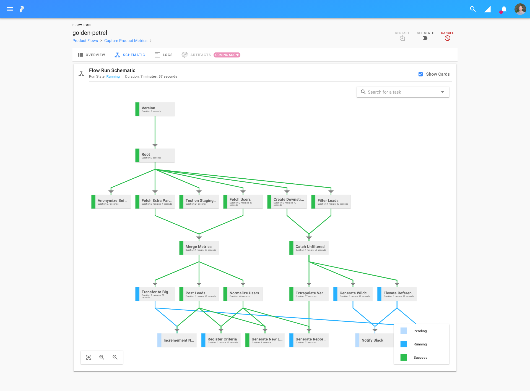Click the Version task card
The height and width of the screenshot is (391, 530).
pos(155,109)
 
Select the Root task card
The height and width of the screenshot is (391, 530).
pos(155,156)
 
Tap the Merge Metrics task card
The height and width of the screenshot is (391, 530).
pos(199,248)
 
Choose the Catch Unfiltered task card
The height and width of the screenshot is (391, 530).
pos(309,248)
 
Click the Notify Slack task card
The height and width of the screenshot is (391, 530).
pos(374,340)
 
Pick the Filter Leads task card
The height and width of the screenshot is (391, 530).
pos(331,202)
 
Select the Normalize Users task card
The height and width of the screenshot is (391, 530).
pos(243,294)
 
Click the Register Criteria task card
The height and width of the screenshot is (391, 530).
pos(221,340)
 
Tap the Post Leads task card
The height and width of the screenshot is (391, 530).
pos(199,294)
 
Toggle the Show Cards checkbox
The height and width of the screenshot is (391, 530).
pos(420,74)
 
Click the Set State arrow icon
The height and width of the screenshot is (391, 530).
pos(425,38)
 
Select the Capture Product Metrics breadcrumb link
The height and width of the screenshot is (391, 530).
pos(126,41)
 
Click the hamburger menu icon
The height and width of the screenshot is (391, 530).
pos(10,9)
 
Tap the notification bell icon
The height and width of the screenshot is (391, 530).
pos(504,9)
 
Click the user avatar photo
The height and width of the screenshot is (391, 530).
pos(520,9)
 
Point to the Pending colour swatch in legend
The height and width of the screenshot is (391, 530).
pos(404,331)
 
